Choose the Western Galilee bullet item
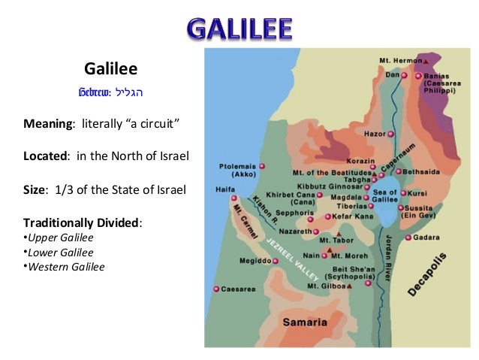(64, 266)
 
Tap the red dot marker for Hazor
(390, 134)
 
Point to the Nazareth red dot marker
(317, 231)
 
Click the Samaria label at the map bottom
(304, 322)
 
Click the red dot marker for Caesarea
(216, 289)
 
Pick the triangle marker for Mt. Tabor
(340, 234)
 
